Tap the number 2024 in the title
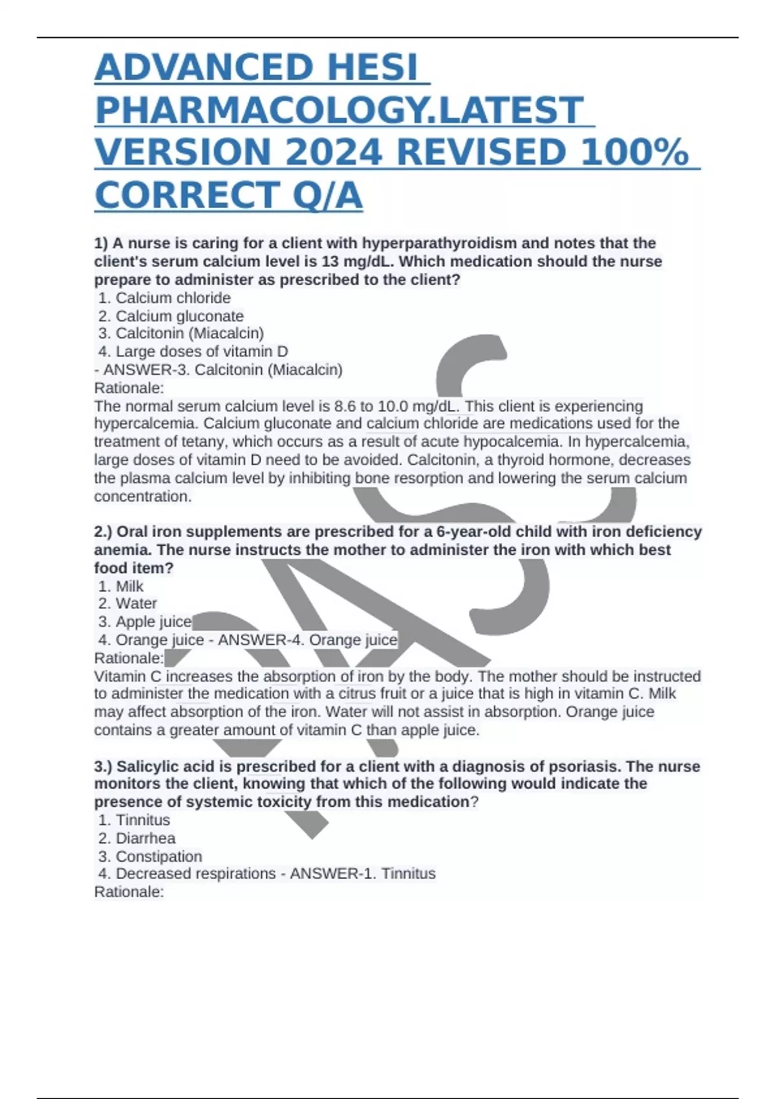pos(334,153)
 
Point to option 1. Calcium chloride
pos(165,298)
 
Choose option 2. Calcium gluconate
pos(171,316)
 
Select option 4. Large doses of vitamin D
pos(193,352)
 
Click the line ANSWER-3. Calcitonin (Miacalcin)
pos(223,370)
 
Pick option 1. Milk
pos(122,586)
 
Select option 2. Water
pos(128,604)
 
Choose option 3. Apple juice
pos(145,622)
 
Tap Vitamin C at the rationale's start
pos(128,676)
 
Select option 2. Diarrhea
pos(137,838)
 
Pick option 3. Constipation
pos(151,857)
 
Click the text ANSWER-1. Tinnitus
pos(363,874)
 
